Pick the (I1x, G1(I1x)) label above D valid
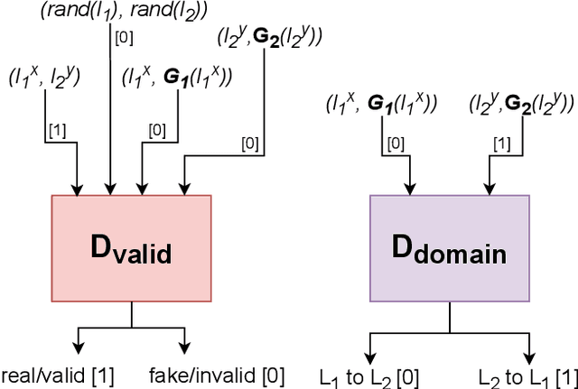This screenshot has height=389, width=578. pyautogui.click(x=177, y=79)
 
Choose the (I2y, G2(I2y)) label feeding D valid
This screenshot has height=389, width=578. pyautogui.click(x=270, y=38)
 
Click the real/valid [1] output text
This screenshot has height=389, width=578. pyautogui.click(x=59, y=376)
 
